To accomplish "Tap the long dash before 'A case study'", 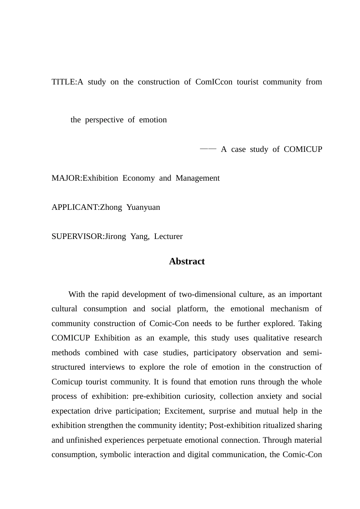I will tap(208, 149).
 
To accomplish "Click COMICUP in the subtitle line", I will tap(303, 149).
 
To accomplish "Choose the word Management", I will tap(197, 178).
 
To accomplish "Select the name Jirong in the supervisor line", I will tap(115, 237).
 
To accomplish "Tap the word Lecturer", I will tap(168, 237).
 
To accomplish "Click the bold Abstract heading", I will tap(187, 261).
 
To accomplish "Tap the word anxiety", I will tap(269, 397).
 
